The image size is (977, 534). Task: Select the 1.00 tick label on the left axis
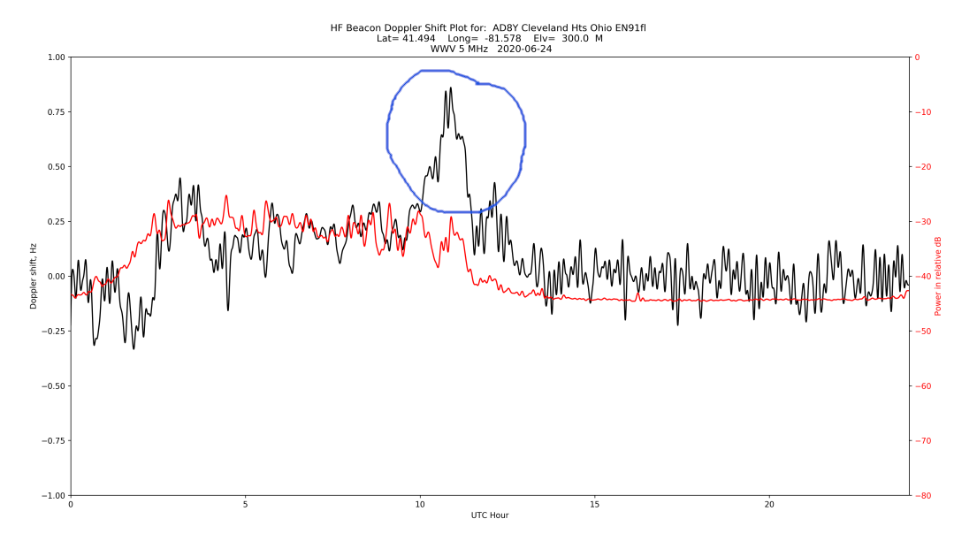click(55, 57)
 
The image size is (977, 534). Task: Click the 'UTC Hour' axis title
click(489, 515)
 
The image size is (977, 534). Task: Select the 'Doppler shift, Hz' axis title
click(34, 276)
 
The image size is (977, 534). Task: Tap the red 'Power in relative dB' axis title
click(938, 276)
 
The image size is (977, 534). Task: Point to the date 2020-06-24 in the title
click(524, 49)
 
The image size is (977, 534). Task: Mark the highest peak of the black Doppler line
click(451, 88)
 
